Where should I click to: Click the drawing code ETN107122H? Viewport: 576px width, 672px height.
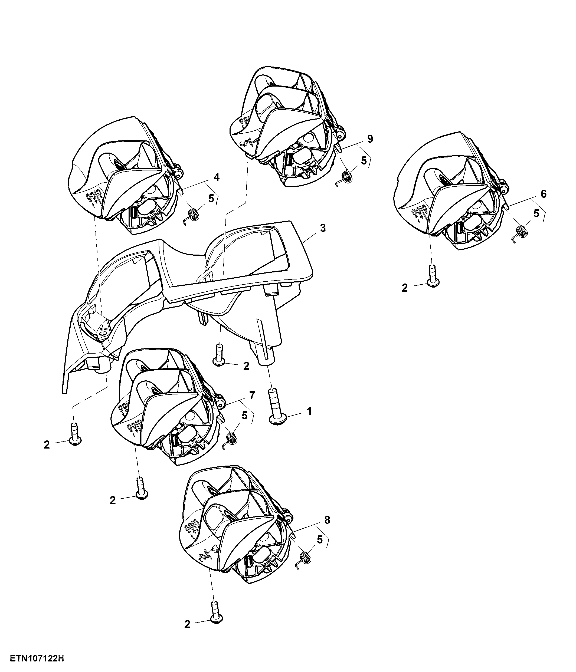pyautogui.click(x=37, y=659)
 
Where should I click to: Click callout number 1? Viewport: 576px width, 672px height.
pyautogui.click(x=309, y=411)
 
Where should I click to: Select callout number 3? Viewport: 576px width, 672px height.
pyautogui.click(x=323, y=228)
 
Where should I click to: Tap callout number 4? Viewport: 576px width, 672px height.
pyautogui.click(x=216, y=177)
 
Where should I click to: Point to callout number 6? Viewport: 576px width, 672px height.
pyautogui.click(x=544, y=194)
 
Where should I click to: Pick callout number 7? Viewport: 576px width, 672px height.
pyautogui.click(x=252, y=395)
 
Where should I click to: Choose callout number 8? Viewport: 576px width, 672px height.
pyautogui.click(x=327, y=520)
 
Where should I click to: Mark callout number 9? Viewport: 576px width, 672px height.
pyautogui.click(x=370, y=139)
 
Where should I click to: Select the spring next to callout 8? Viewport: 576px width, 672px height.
pyautogui.click(x=303, y=559)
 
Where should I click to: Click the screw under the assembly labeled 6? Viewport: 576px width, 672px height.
pyautogui.click(x=433, y=276)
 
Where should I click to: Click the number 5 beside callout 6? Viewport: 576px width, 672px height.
pyautogui.click(x=536, y=213)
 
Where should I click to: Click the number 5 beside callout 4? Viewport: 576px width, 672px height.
pyautogui.click(x=211, y=199)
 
